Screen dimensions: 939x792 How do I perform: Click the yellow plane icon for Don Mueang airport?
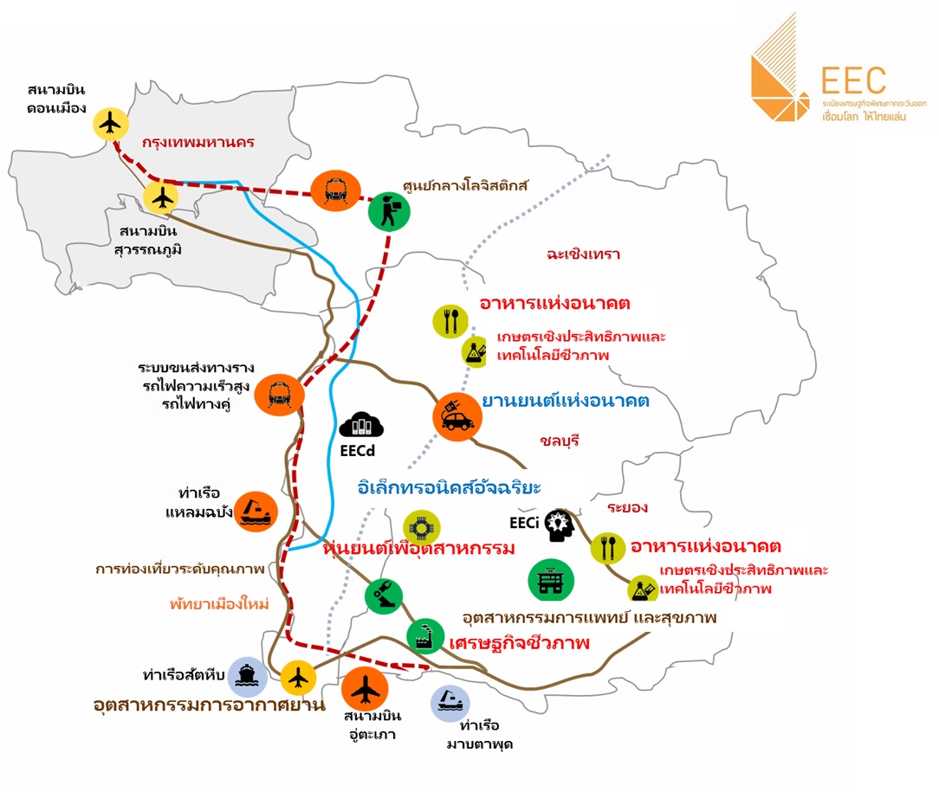111,124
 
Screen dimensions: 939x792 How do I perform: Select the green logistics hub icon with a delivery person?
389,211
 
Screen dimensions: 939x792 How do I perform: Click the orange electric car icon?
457,417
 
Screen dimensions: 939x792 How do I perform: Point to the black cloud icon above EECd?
360,425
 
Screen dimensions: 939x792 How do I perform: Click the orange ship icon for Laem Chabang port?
256,512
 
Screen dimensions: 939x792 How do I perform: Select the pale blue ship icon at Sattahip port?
246,677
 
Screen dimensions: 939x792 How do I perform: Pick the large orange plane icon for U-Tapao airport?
365,690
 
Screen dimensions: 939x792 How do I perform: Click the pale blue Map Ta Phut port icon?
450,704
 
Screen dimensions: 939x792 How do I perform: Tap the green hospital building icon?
551,580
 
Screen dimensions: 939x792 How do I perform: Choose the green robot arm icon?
384,596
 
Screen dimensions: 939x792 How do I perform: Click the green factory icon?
425,637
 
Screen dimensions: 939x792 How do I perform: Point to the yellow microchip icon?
422,528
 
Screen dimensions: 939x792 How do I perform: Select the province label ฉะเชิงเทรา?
583,254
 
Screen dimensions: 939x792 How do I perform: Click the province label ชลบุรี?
560,441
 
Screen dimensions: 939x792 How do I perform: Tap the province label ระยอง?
627,507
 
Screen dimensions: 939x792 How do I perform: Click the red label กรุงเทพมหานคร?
198,142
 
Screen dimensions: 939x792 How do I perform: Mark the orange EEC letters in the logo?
853,80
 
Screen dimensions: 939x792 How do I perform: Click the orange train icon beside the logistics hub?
335,191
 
